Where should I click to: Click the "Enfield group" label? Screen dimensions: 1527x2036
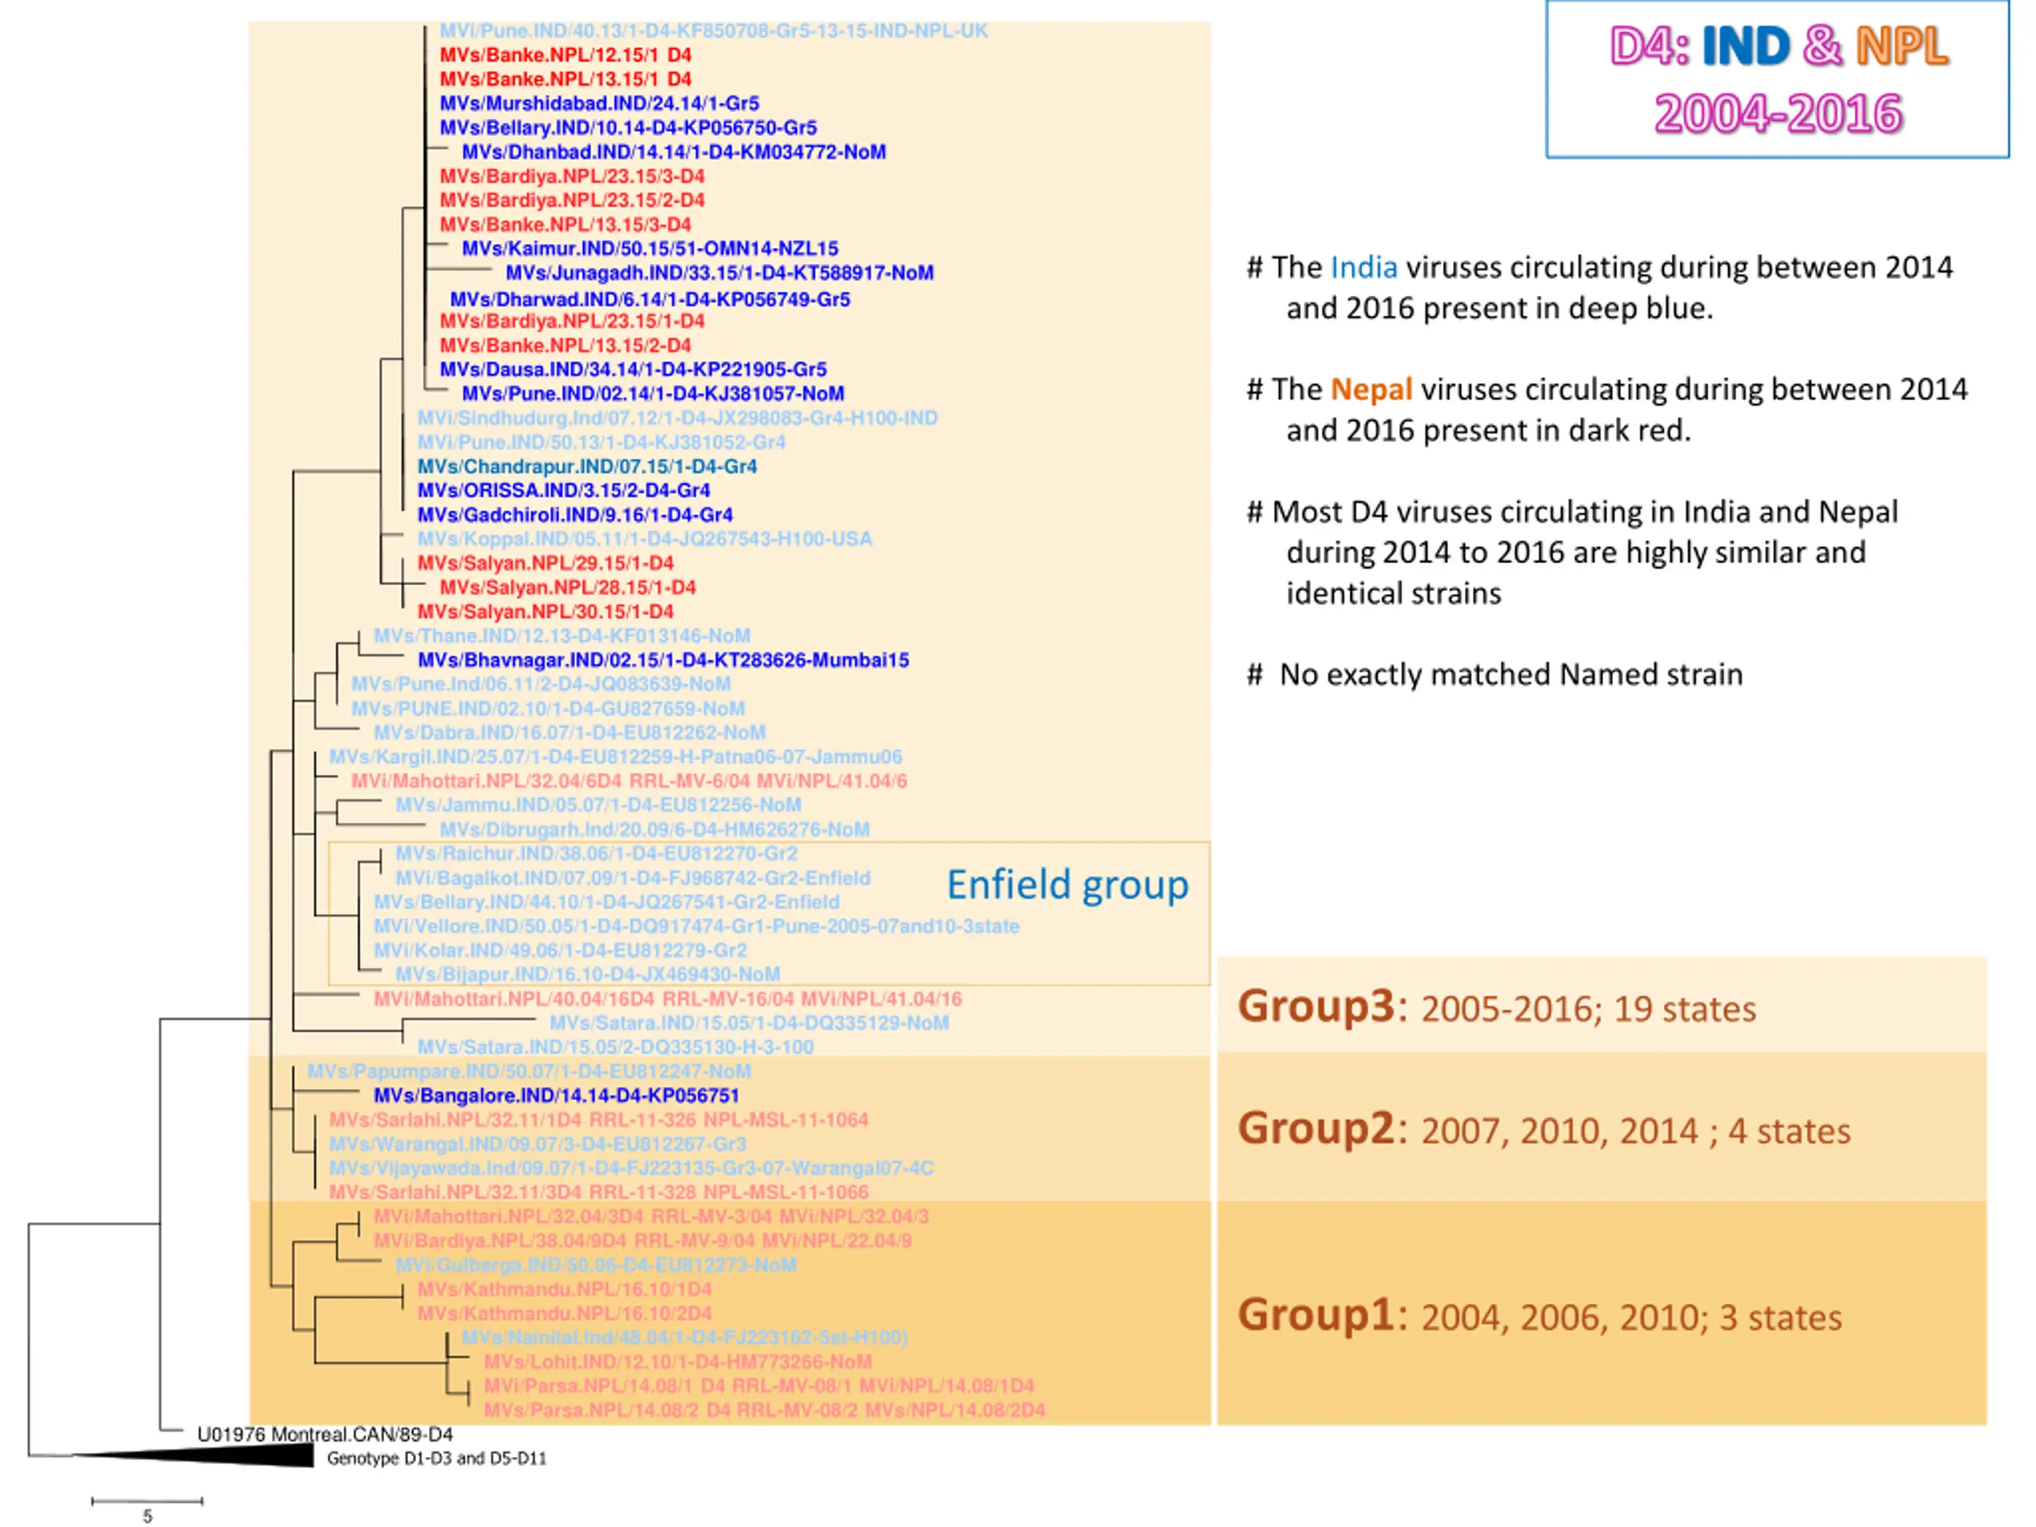tap(1067, 884)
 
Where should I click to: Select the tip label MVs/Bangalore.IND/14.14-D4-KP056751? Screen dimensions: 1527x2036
tap(556, 1095)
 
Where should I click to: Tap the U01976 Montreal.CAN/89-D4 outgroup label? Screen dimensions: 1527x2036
tap(325, 1434)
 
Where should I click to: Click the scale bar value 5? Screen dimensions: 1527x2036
tap(147, 1516)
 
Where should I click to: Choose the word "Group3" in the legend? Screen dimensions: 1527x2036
tap(1317, 1006)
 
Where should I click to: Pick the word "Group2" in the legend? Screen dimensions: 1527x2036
tap(1317, 1129)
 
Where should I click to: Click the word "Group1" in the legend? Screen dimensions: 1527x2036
tap(1317, 1315)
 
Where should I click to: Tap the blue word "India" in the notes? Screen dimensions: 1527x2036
tap(1363, 268)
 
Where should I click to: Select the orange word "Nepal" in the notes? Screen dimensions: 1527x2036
tap(1370, 390)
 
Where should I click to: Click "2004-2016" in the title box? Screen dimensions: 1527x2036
tap(1778, 115)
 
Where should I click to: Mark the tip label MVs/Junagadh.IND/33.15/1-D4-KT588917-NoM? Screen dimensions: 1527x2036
tap(720, 273)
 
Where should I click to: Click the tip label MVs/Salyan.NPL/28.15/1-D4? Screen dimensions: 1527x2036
tap(568, 587)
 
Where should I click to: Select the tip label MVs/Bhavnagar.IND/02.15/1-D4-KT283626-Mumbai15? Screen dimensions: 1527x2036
tap(662, 660)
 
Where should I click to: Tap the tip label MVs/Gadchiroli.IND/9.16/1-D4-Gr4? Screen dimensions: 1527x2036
tap(574, 515)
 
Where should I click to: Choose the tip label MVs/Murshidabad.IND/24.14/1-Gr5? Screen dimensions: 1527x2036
tap(599, 103)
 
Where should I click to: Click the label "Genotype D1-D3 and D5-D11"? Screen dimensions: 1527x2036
tap(437, 1458)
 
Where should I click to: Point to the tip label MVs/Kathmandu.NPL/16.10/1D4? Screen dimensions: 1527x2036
tap(564, 1289)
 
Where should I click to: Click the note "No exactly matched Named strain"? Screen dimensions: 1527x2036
tap(1510, 674)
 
